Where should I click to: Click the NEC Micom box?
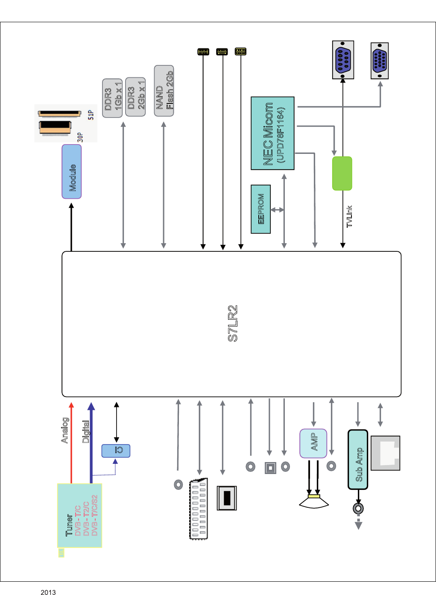point(272,133)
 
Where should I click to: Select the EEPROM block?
point(260,209)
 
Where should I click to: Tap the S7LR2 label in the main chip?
point(233,323)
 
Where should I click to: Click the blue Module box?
point(72,171)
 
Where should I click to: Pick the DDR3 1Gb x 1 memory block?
point(112,98)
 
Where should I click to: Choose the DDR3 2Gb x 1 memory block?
point(135,97)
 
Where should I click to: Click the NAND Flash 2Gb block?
point(164,91)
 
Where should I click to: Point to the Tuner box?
point(79,515)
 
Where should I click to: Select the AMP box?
point(313,443)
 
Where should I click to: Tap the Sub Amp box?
point(358,460)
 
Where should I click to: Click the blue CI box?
point(116,451)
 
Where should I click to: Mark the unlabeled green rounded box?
point(342,174)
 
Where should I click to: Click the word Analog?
point(64,430)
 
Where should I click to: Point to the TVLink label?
point(349,216)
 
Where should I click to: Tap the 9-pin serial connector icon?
point(343,60)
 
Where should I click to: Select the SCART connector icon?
point(199,509)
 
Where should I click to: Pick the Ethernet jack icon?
point(386,453)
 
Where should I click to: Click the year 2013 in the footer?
point(48,592)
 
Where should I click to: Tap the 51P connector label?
point(91,115)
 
